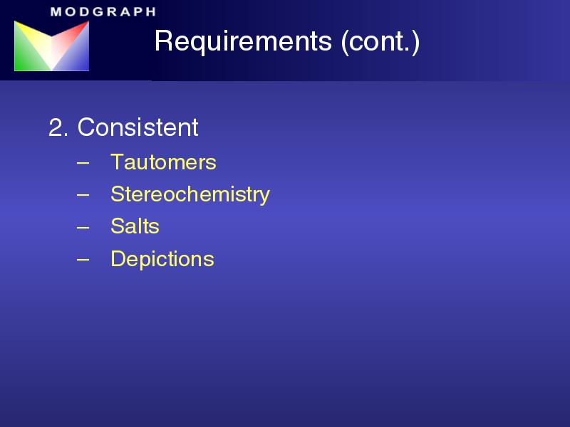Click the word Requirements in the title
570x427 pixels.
pos(243,42)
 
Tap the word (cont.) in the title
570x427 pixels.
pos(380,42)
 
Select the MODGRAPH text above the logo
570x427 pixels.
pos(103,11)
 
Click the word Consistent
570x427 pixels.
pos(138,127)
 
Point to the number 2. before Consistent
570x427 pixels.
pos(58,127)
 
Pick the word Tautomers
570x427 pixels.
pos(164,162)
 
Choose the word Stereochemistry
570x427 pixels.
pos(190,194)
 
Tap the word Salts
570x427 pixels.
pos(135,226)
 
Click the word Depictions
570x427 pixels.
pos(162,259)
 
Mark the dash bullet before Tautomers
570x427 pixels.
pos(83,163)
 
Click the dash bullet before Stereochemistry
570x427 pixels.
pos(83,195)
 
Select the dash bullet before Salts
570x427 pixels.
pos(83,227)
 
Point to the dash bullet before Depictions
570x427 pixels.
pos(83,259)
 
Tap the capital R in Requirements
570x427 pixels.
pos(164,41)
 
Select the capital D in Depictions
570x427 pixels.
pos(118,258)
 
